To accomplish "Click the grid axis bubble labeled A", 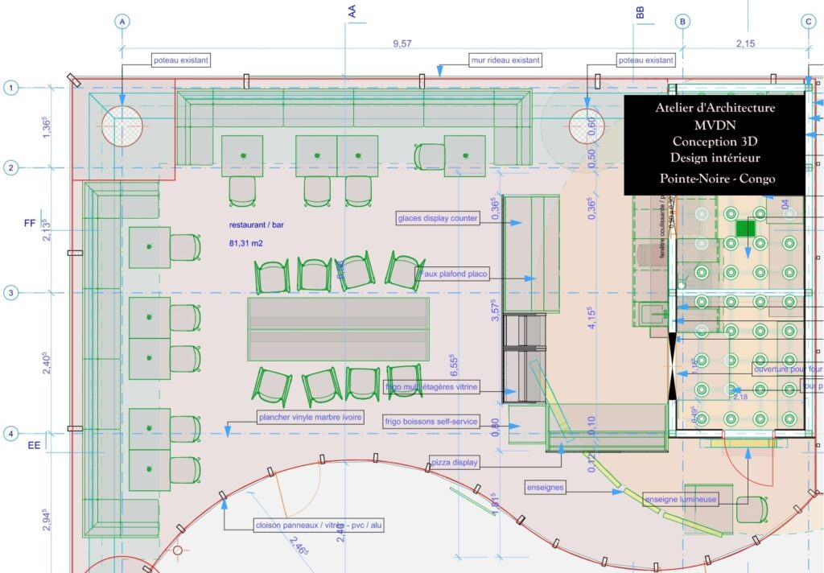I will coord(122,23).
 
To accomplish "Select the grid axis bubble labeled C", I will coord(808,23).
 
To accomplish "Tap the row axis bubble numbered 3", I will coord(10,293).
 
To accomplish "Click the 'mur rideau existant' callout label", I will coord(505,60).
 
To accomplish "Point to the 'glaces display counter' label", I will coord(439,218).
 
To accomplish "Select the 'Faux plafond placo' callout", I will coord(454,274).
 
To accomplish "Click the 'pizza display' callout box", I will coord(455,463).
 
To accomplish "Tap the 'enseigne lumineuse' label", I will coord(680,500).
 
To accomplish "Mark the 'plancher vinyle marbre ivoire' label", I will coord(310,417).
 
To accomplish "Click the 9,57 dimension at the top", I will coord(402,45).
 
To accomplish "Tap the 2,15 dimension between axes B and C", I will coord(745,44).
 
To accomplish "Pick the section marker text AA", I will coord(352,11).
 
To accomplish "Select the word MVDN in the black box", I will coord(715,124).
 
